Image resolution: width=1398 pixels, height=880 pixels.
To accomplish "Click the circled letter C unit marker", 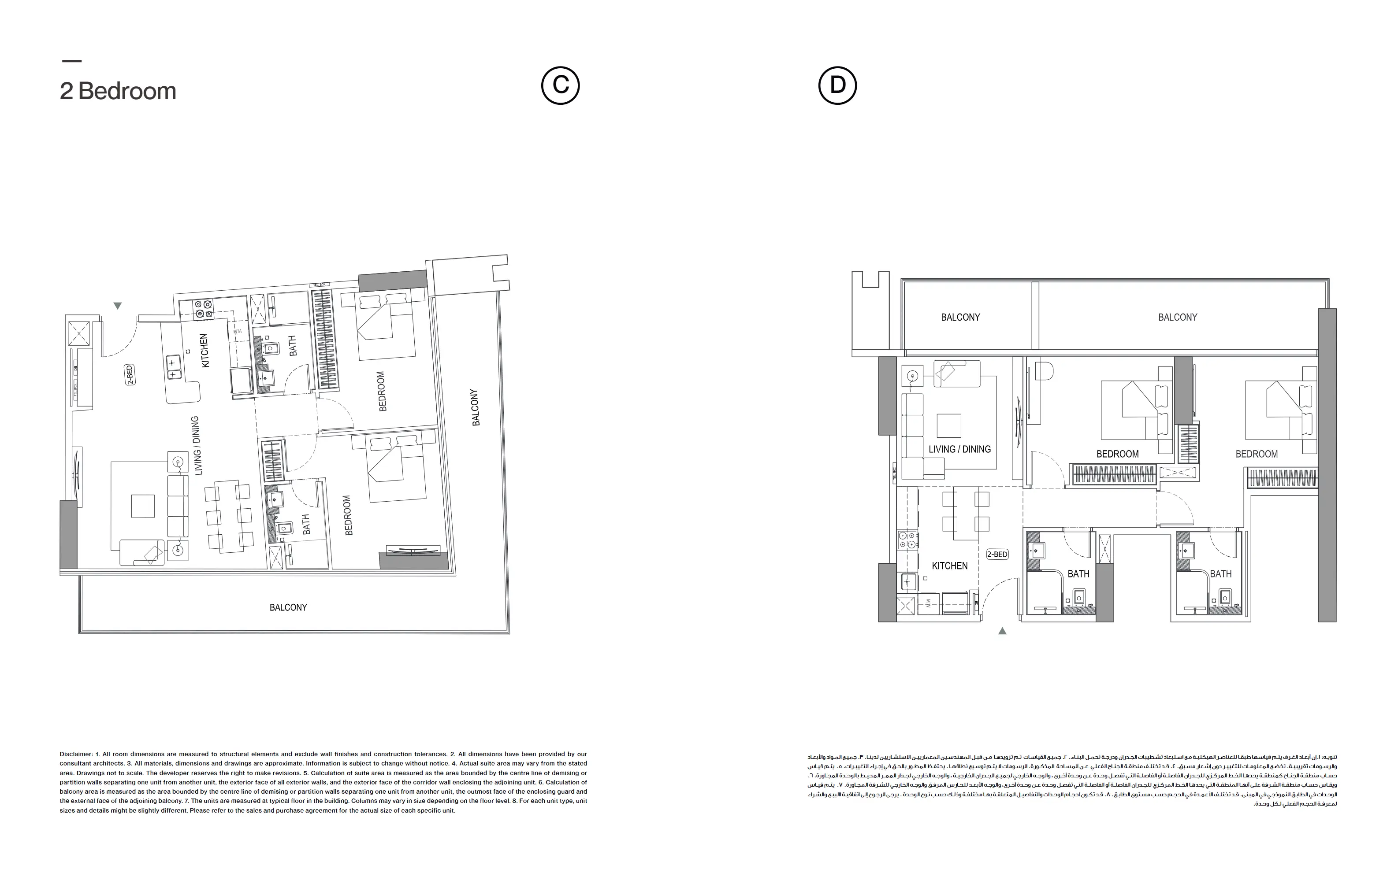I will pyautogui.click(x=560, y=85).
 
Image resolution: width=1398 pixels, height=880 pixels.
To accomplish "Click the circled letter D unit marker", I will pyautogui.click(x=837, y=85).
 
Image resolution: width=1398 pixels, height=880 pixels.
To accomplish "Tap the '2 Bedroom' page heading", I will pyautogui.click(x=118, y=91).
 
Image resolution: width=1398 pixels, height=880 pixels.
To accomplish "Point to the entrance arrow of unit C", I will pyautogui.click(x=118, y=306).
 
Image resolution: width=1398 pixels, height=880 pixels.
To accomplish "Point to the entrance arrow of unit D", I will pyautogui.click(x=1002, y=631).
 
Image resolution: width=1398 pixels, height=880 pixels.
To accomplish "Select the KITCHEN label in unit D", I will pyautogui.click(x=950, y=566).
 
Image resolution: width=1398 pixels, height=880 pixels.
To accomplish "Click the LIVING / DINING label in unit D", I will pyautogui.click(x=959, y=449).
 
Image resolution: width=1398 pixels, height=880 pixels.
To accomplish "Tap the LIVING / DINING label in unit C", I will pyautogui.click(x=195, y=446).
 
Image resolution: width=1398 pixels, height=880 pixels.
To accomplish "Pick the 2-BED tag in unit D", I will pyautogui.click(x=997, y=554).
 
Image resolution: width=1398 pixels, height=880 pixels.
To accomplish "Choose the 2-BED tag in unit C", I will pyautogui.click(x=130, y=375).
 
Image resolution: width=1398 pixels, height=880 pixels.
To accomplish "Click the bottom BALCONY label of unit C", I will pyautogui.click(x=288, y=607).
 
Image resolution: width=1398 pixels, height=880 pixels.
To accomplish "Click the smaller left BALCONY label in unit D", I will pyautogui.click(x=960, y=317).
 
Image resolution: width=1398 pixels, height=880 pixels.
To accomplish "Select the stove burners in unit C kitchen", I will pyautogui.click(x=204, y=309).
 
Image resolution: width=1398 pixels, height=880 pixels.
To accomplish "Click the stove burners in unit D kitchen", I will pyautogui.click(x=907, y=540).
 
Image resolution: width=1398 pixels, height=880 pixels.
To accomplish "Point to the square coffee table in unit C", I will pyautogui.click(x=143, y=505).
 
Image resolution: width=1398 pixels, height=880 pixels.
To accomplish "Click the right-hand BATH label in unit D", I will pyautogui.click(x=1220, y=574).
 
